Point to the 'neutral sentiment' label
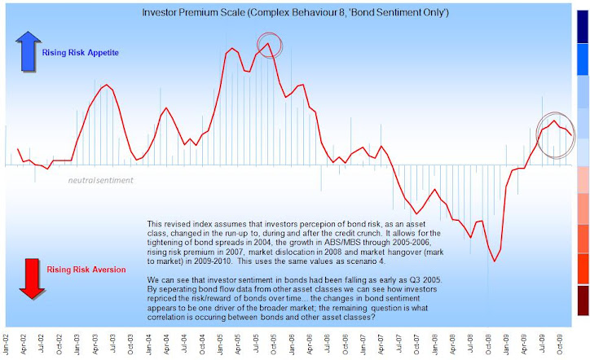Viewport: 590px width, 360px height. click(101, 179)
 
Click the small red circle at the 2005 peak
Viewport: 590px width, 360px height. click(268, 46)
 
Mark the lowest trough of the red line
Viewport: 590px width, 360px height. click(495, 261)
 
